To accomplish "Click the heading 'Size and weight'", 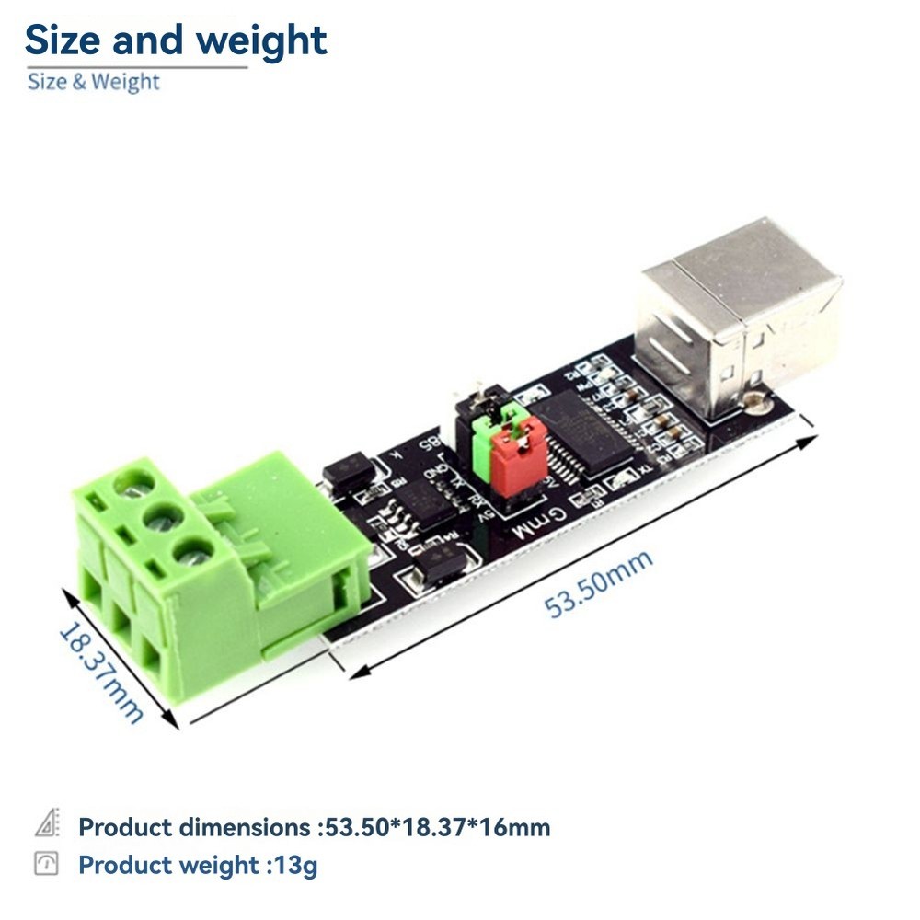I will [175, 40].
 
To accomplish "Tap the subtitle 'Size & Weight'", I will [93, 82].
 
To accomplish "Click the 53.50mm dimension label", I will [599, 583].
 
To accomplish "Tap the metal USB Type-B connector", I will [741, 313].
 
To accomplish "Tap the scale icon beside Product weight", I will [46, 864].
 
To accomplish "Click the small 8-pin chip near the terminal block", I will [424, 500].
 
